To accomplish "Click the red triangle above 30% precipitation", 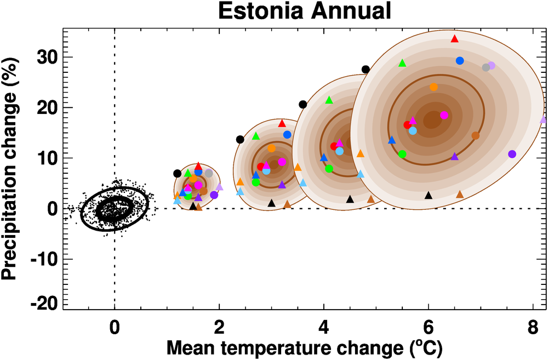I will [454, 39].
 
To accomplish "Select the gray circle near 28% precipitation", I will [486, 67].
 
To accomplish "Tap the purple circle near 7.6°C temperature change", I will [512, 154].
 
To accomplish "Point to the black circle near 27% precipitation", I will [366, 69].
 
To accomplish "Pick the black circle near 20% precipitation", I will [302, 104].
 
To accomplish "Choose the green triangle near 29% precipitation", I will [402, 63].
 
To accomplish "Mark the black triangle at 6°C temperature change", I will [429, 195].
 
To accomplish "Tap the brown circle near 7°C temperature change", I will [475, 135].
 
